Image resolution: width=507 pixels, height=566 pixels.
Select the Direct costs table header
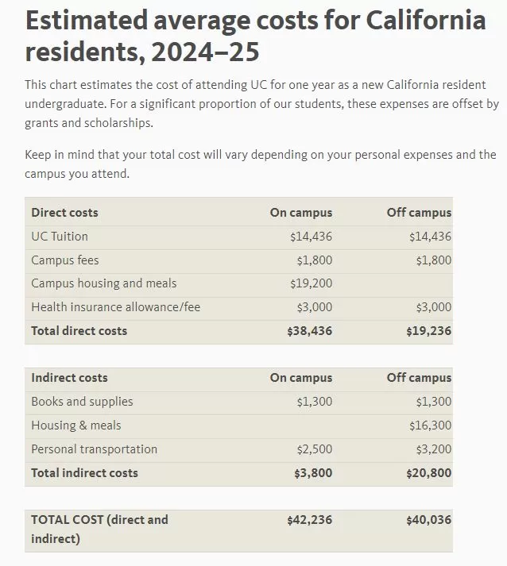coord(64,213)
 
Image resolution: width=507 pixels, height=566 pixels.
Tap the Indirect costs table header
coord(69,378)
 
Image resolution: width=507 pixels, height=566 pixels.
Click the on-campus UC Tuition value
coord(311,237)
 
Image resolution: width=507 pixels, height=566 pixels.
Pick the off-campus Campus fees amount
coord(433,260)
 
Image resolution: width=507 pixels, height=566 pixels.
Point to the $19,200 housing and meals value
coord(311,283)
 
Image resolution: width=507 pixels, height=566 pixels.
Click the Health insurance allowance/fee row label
coord(116,307)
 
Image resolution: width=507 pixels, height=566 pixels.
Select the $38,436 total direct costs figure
coord(310,331)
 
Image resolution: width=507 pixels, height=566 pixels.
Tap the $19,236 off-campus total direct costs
coord(429,331)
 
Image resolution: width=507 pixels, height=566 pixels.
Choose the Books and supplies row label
coord(82,402)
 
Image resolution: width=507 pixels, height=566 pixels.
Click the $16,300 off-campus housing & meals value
coord(430,425)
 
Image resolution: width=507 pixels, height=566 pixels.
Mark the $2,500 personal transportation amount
coord(314,449)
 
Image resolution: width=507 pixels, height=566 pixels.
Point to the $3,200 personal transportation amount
coord(433,449)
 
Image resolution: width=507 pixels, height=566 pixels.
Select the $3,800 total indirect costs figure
coord(313,473)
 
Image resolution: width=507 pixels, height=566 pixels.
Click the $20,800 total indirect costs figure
coord(429,473)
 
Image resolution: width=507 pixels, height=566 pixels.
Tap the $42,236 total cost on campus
coord(310,520)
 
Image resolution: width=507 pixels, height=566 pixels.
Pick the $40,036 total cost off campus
coord(429,520)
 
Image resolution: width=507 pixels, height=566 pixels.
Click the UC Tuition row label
coord(60,237)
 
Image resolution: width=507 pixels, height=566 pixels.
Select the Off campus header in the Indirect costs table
coord(419,378)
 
